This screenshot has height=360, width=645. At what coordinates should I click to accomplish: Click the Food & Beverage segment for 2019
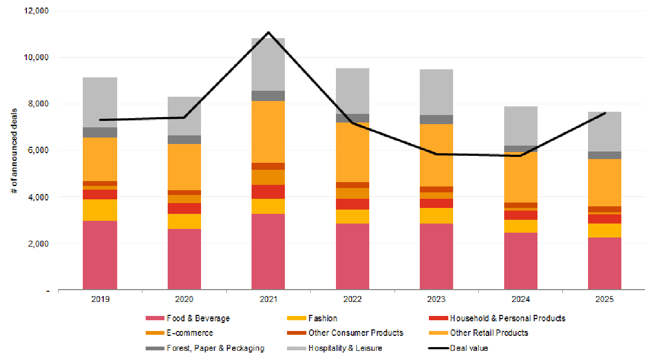pos(100,255)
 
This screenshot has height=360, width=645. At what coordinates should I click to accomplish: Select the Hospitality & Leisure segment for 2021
pos(268,64)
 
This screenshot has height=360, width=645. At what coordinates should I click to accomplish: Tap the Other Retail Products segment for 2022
pos(353,152)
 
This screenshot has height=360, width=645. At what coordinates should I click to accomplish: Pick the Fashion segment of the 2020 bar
pos(184,221)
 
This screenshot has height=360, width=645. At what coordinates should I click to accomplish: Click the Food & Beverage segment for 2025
pos(605,263)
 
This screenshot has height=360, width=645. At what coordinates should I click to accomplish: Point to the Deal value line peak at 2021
pos(268,32)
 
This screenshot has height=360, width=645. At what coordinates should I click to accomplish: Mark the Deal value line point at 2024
pos(520,156)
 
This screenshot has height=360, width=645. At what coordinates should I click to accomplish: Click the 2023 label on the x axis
pos(436,299)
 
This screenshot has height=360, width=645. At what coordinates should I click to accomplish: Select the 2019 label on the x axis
pos(100,299)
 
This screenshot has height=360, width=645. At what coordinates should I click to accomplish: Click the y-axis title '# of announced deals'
pos(15,150)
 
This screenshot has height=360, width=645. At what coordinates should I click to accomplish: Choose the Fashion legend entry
pos(322,318)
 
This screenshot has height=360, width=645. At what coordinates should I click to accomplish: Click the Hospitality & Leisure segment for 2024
pos(520,126)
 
